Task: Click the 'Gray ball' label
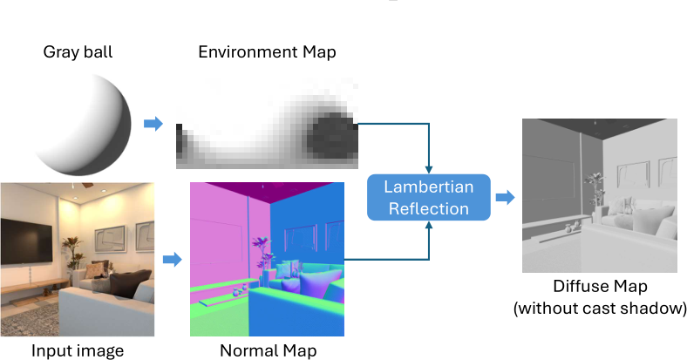[78, 52]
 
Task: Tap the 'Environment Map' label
[267, 52]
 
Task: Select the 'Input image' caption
[78, 350]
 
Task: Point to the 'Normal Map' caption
[268, 350]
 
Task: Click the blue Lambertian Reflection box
[428, 198]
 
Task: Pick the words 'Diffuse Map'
[600, 287]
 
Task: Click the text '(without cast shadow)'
[600, 308]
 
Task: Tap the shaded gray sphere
[83, 125]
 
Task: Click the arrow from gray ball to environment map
[153, 124]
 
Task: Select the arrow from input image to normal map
[173, 259]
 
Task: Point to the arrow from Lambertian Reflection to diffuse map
[505, 197]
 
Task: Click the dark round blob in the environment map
[332, 135]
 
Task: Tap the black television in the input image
[27, 241]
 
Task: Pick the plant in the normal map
[262, 254]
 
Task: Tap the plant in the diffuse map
[594, 189]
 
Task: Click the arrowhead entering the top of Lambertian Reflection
[428, 170]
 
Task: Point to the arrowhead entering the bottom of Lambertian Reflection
[428, 225]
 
